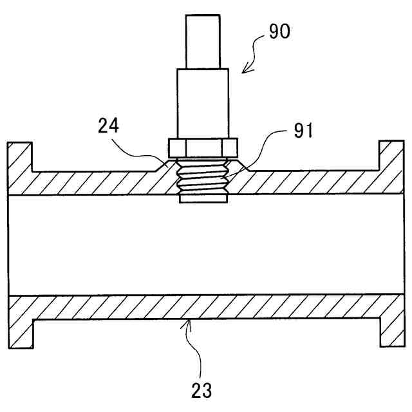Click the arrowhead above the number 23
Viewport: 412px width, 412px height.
tap(187, 323)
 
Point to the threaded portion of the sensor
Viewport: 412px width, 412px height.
tap(202, 177)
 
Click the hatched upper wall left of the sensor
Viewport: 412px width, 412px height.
tap(97, 183)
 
